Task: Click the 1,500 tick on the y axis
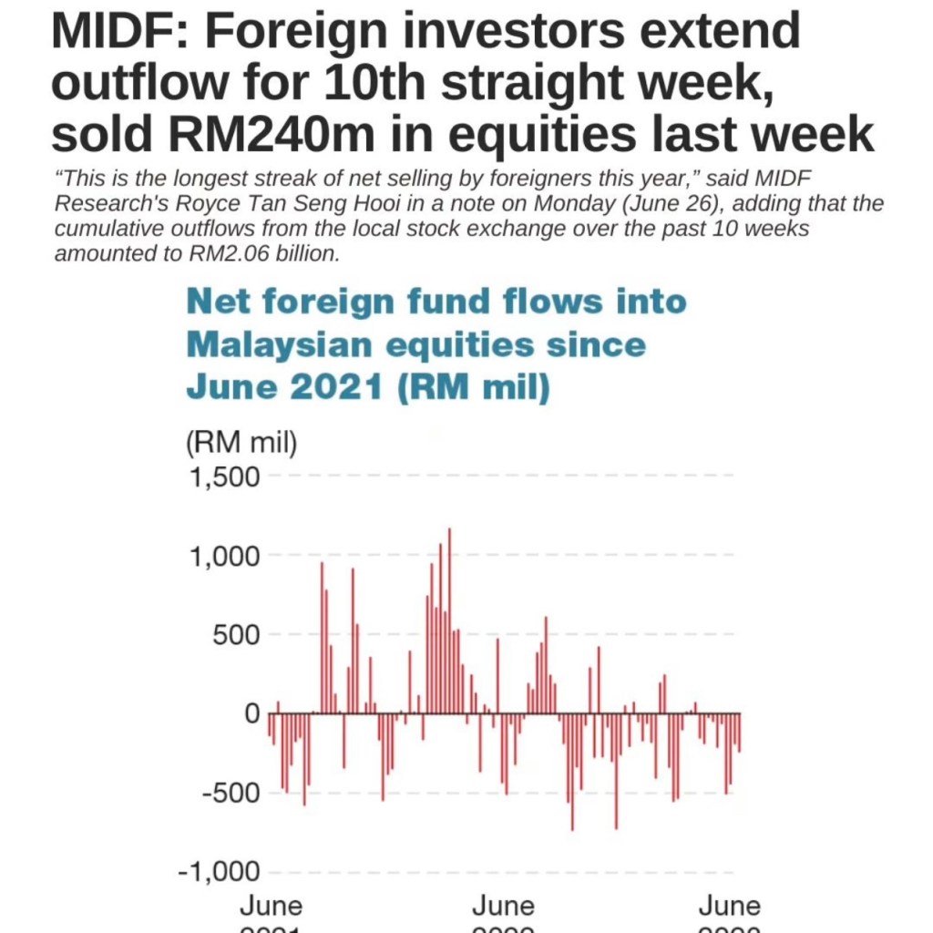(223, 477)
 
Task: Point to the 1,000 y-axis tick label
(223, 556)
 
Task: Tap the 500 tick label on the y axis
(236, 635)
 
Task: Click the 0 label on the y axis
(251, 713)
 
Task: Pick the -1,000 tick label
(219, 872)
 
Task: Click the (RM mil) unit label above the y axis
(241, 444)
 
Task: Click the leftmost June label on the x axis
(272, 907)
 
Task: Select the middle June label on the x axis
(503, 907)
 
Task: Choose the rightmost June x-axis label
(729, 907)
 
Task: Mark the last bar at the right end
(739, 733)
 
